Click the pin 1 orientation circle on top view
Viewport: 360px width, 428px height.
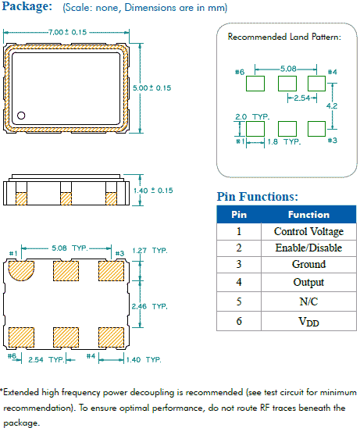pyautogui.click(x=21, y=116)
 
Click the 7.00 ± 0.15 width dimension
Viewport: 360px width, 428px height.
pyautogui.click(x=67, y=32)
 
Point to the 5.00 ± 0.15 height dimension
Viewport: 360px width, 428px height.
pyautogui.click(x=151, y=88)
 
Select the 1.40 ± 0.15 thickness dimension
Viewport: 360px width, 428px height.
pyautogui.click(x=153, y=191)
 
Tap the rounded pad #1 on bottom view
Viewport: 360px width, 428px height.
pyautogui.click(x=21, y=271)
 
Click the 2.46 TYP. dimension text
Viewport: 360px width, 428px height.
pyautogui.click(x=150, y=306)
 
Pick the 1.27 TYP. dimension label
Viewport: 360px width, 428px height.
pyautogui.click(x=150, y=251)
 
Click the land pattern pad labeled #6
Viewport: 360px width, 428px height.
pyautogui.click(x=255, y=84)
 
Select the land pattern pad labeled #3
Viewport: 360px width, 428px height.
pyautogui.click(x=316, y=129)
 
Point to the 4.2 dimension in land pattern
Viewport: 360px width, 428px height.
pyautogui.click(x=332, y=105)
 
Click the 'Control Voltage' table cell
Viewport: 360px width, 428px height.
pyautogui.click(x=308, y=231)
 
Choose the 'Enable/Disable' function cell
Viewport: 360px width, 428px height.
pyautogui.click(x=308, y=248)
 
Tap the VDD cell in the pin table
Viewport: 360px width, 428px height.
pyautogui.click(x=308, y=321)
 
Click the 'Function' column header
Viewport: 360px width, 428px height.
pyautogui.click(x=308, y=215)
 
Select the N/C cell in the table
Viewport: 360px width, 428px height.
pyautogui.click(x=308, y=301)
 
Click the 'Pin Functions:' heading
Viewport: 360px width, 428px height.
pyautogui.click(x=258, y=197)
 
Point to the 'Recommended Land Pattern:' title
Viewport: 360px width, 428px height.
pyautogui.click(x=284, y=37)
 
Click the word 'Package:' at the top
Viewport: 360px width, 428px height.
pyautogui.click(x=27, y=6)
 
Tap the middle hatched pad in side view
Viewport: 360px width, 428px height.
pyautogui.click(x=66, y=198)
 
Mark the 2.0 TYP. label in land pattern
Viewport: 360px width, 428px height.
pyautogui.click(x=252, y=117)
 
